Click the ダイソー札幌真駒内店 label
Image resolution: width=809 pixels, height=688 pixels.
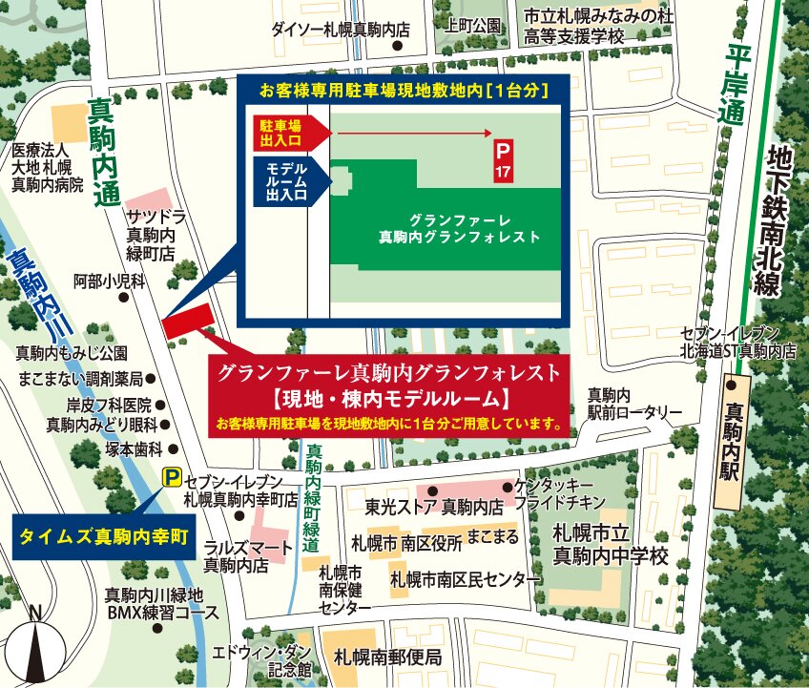341,30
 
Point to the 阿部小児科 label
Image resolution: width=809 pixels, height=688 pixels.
108,281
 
